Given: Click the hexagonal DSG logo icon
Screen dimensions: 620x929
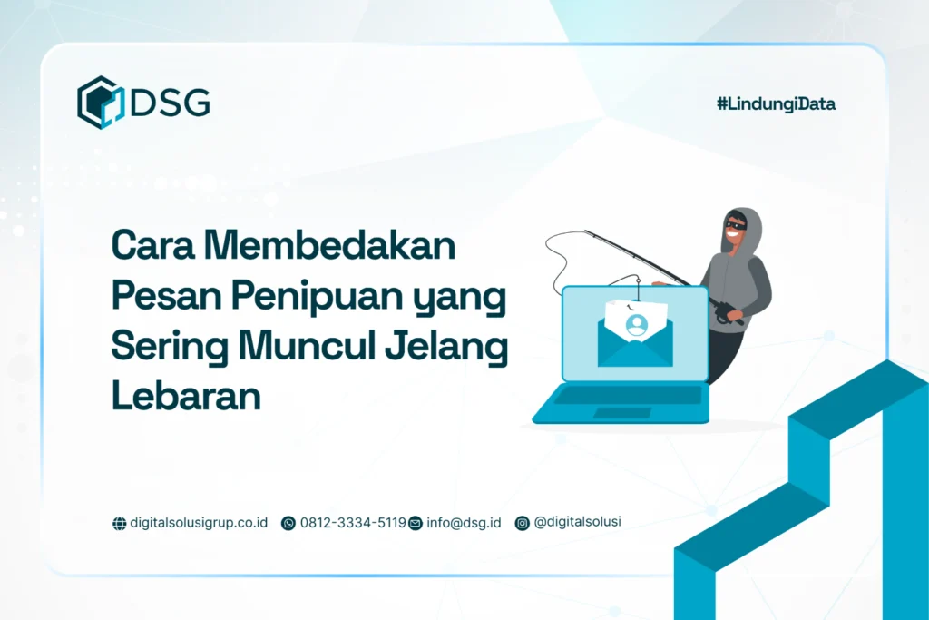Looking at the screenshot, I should [100, 103].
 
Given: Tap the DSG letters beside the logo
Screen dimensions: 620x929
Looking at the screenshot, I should [171, 103].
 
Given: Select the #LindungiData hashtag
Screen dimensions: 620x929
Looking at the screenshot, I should [776, 104].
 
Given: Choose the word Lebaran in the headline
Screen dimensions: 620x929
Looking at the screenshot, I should [186, 397].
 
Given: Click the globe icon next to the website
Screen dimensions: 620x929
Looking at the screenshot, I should [119, 524].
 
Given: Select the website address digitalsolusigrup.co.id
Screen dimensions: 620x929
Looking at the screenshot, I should [199, 523].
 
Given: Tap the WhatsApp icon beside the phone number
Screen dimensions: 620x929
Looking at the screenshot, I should [288, 523].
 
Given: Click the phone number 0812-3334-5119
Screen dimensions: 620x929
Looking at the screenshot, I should [353, 523].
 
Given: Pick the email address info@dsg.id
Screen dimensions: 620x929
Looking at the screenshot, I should [464, 523].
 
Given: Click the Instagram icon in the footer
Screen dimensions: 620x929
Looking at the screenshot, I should [522, 523].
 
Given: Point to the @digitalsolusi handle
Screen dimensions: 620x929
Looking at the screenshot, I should [578, 522].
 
